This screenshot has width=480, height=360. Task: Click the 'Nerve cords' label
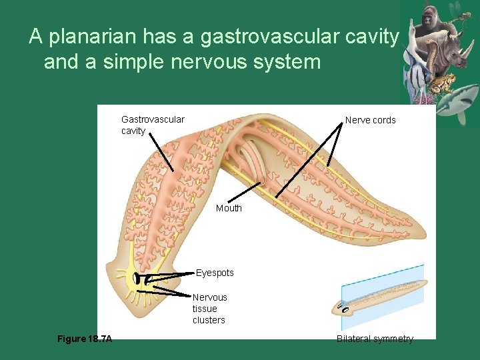[370, 120]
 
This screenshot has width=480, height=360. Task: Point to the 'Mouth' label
[229, 208]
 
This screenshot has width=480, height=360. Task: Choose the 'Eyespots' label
[215, 273]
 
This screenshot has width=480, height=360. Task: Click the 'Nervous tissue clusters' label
[209, 309]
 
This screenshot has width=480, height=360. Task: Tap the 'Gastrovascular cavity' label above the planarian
[153, 125]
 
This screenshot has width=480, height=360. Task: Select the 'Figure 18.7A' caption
[85, 339]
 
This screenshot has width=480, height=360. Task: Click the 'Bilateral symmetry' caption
[375, 339]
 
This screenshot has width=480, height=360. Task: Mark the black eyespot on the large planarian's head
[136, 279]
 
